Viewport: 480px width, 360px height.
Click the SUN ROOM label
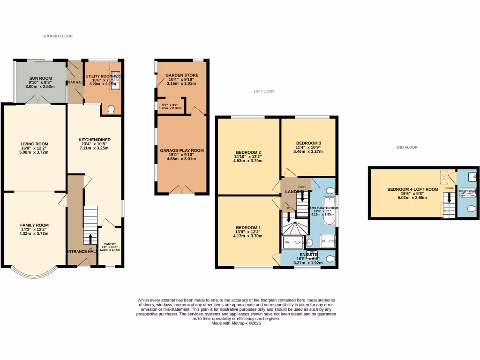click(40, 78)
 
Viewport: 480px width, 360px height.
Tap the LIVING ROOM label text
click(34, 144)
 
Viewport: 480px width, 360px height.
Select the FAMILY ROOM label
click(34, 225)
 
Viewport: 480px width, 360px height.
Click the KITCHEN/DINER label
click(94, 140)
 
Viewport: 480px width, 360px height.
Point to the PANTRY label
click(110, 244)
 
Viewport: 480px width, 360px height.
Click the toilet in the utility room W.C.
click(111, 109)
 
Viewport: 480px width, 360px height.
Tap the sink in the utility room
click(115, 82)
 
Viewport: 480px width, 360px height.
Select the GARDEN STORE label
click(181, 75)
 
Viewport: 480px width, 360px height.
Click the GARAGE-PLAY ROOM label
click(181, 150)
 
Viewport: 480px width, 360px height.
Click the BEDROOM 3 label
click(308, 143)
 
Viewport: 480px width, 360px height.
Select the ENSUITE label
click(308, 254)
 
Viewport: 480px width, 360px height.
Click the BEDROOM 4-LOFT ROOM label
click(406, 189)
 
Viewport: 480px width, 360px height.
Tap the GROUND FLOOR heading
click(58, 36)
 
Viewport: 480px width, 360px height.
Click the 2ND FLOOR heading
click(406, 147)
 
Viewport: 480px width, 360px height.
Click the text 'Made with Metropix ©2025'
click(236, 323)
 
